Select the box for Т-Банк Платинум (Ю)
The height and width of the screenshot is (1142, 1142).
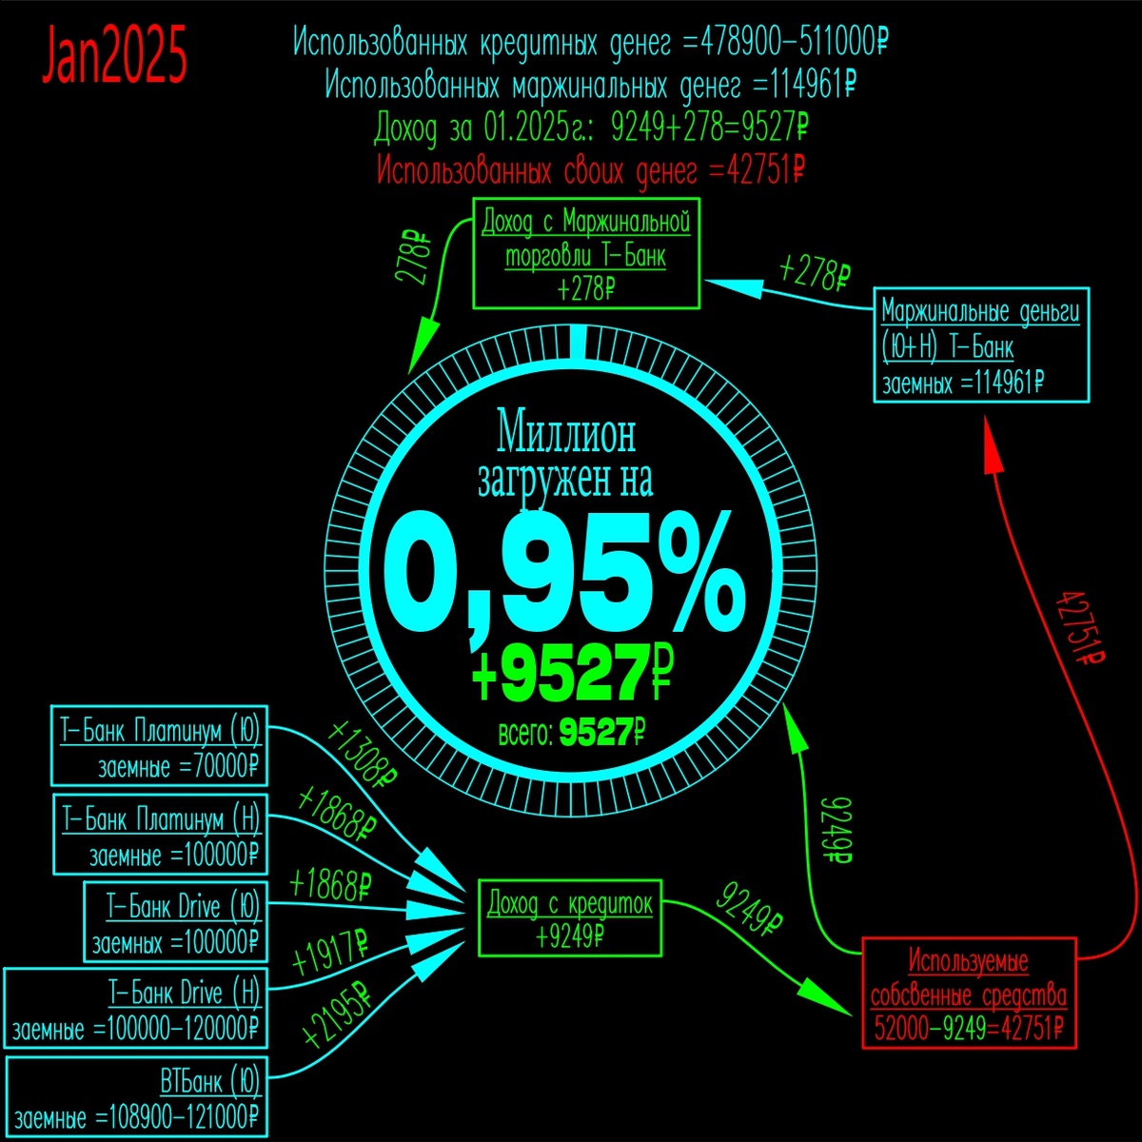click(159, 748)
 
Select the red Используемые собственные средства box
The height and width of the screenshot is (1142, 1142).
click(969, 994)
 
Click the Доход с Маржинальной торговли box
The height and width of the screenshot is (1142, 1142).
click(586, 253)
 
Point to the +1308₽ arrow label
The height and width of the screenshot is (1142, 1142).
click(363, 755)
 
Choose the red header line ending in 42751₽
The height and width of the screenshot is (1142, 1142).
click(592, 171)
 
